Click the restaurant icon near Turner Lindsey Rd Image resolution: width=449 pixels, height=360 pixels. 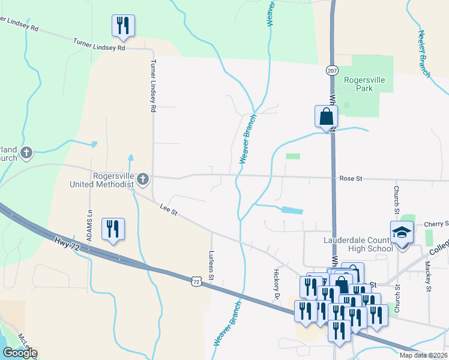[123, 25]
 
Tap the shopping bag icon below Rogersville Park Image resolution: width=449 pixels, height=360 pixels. [326, 116]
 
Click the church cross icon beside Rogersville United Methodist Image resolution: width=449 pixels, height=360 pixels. [143, 179]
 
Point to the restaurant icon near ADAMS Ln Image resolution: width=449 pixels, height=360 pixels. [113, 229]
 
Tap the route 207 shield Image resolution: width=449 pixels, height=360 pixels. [332, 71]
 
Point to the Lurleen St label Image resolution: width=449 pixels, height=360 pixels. [212, 265]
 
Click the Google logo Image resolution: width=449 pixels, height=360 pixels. [20, 352]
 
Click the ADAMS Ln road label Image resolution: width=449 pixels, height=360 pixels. [89, 225]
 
